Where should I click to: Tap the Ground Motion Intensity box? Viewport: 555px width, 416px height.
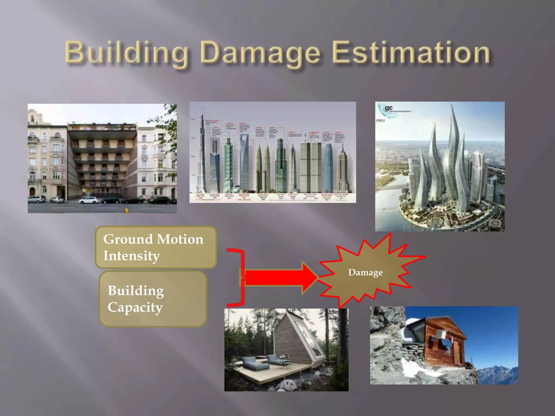click(156, 247)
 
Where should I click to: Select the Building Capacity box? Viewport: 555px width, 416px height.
click(153, 299)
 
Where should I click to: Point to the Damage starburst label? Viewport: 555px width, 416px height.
click(365, 272)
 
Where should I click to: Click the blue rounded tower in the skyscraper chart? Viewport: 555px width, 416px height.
click(328, 168)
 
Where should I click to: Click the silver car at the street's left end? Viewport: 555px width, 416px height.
click(37, 199)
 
